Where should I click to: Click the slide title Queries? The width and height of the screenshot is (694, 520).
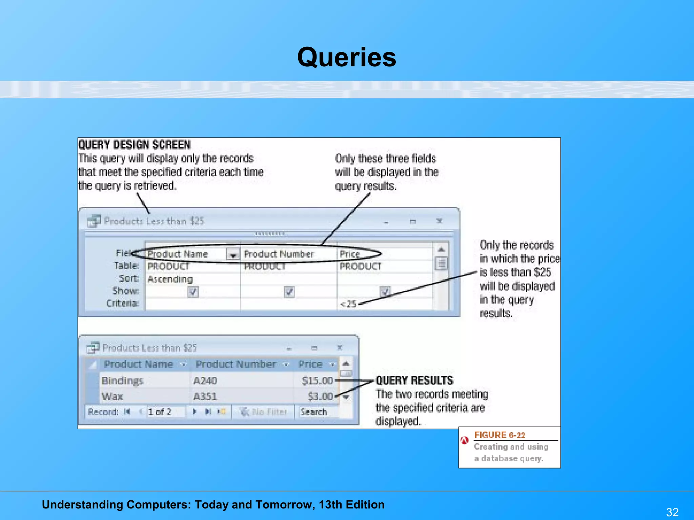coord(346,57)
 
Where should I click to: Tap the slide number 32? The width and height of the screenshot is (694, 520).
coord(672,512)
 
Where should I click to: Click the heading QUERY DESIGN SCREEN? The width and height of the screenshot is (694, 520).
coord(135,145)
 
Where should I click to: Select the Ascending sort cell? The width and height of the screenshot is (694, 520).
coord(170,279)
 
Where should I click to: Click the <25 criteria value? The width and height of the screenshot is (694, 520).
coord(348,304)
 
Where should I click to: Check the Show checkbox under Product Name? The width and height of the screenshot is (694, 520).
coord(193,291)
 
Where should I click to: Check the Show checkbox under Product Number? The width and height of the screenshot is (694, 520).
coord(289,291)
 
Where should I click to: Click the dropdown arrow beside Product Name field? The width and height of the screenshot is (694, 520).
coord(233,254)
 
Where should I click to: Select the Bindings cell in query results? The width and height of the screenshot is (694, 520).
coord(123,381)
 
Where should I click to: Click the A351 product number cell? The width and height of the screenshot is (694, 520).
coord(205,396)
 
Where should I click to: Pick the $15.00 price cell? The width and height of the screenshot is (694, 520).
coord(317,381)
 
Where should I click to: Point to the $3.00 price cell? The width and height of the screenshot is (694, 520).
coord(320,396)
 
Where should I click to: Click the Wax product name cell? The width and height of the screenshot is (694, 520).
coord(112,396)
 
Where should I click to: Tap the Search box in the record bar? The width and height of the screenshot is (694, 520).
coord(314,412)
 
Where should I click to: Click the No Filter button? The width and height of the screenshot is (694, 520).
coord(264,412)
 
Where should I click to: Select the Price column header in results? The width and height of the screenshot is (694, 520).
coord(310,364)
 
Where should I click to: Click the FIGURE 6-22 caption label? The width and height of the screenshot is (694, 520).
coord(499,435)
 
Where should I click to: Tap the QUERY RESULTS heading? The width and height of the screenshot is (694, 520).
coord(414,381)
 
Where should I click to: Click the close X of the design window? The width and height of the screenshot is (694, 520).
coord(440,221)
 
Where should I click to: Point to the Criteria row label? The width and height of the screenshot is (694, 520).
coord(122,303)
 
